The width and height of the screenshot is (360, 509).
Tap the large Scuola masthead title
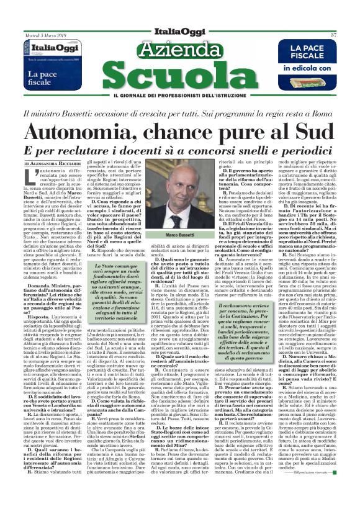178,77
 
